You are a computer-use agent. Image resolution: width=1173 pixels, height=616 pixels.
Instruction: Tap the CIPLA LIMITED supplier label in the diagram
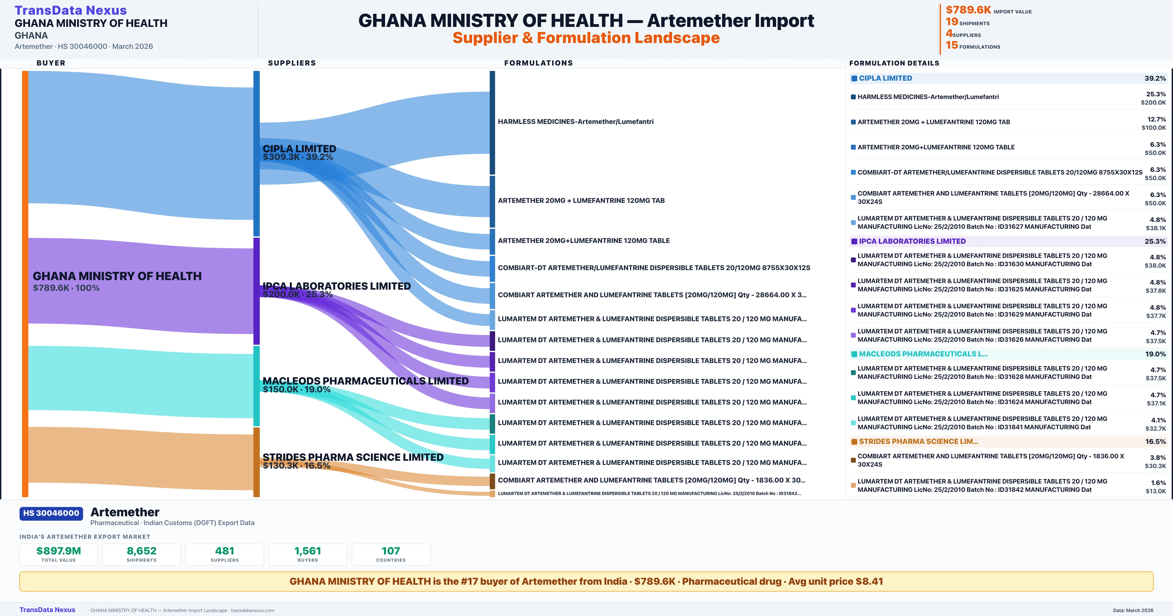(x=299, y=149)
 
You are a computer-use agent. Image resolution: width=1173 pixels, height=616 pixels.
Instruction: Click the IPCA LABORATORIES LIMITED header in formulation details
(x=912, y=241)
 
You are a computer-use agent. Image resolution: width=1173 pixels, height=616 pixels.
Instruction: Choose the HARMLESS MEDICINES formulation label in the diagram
(x=576, y=122)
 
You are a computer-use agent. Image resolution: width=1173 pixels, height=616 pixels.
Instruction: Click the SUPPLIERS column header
(x=292, y=63)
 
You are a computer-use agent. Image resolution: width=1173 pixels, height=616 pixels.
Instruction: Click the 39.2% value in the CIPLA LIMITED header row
(x=1155, y=78)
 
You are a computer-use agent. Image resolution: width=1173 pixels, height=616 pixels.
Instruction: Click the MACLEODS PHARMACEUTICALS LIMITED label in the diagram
(x=365, y=381)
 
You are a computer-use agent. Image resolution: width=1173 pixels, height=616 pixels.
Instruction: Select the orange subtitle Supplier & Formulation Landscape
(x=586, y=38)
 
